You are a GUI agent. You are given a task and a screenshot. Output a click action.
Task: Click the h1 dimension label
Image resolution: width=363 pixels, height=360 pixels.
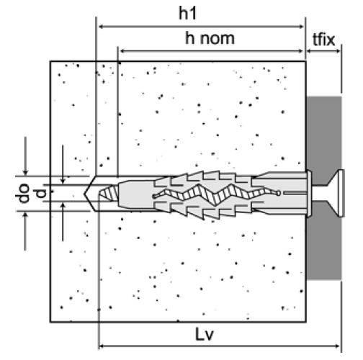point(188,14)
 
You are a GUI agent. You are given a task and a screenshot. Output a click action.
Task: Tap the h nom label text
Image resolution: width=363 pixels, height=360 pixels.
point(210,38)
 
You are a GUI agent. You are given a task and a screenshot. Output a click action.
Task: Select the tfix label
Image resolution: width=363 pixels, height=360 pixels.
point(323,40)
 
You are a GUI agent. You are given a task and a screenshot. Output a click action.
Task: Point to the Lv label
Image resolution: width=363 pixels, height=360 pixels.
point(205,334)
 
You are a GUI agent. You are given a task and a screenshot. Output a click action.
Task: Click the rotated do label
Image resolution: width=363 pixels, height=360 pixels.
point(22,194)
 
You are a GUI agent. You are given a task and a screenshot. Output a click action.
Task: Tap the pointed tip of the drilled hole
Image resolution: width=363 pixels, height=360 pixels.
point(84,194)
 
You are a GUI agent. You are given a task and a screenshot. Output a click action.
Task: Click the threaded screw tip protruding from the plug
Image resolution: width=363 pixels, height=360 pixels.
point(109,193)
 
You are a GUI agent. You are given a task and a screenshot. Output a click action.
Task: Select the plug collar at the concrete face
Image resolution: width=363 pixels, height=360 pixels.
point(309,194)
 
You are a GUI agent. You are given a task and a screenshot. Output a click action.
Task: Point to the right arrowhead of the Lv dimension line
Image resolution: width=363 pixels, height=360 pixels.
point(337,346)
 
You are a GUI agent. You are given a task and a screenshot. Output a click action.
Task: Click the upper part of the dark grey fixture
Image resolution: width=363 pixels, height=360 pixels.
point(324,135)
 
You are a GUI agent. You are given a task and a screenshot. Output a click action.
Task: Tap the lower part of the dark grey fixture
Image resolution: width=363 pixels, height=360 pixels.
point(324,247)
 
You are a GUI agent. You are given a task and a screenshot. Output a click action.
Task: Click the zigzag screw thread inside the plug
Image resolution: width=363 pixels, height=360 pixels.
point(216,194)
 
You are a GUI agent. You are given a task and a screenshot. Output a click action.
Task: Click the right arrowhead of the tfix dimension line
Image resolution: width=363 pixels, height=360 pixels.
point(338,51)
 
